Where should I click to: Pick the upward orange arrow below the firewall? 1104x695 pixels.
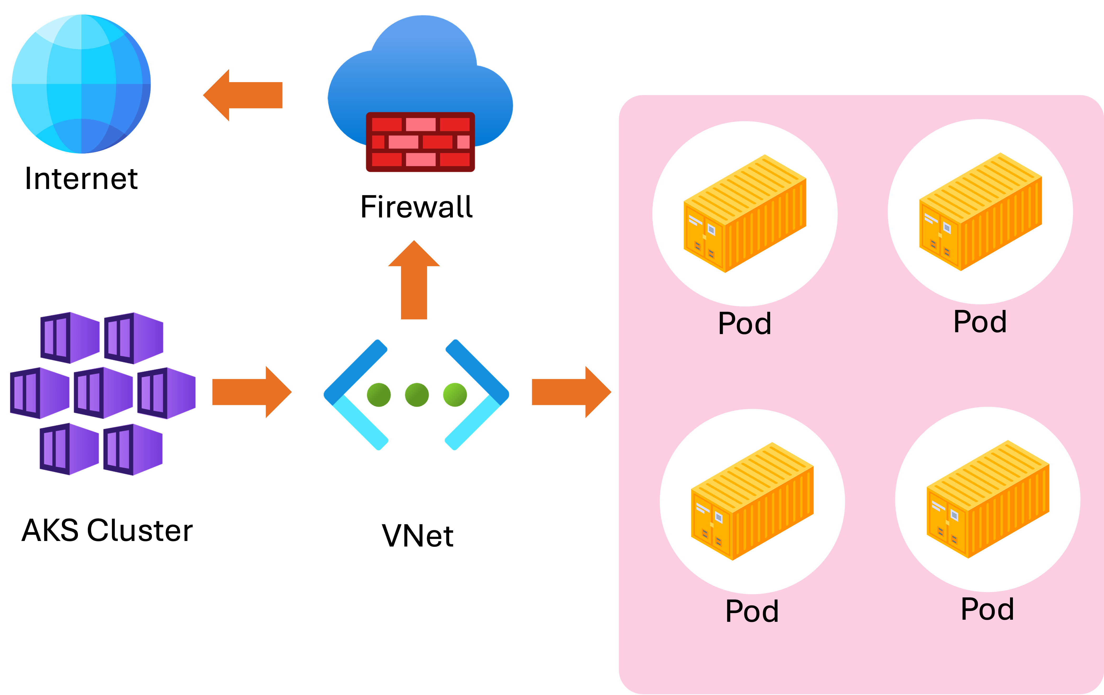(414, 284)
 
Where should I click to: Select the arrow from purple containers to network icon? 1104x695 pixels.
(252, 393)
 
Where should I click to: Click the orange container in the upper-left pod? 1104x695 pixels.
(745, 214)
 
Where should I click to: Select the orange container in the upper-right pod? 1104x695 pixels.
(980, 212)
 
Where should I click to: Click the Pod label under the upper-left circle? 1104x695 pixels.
(745, 324)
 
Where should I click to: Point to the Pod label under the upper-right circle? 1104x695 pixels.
(980, 322)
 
